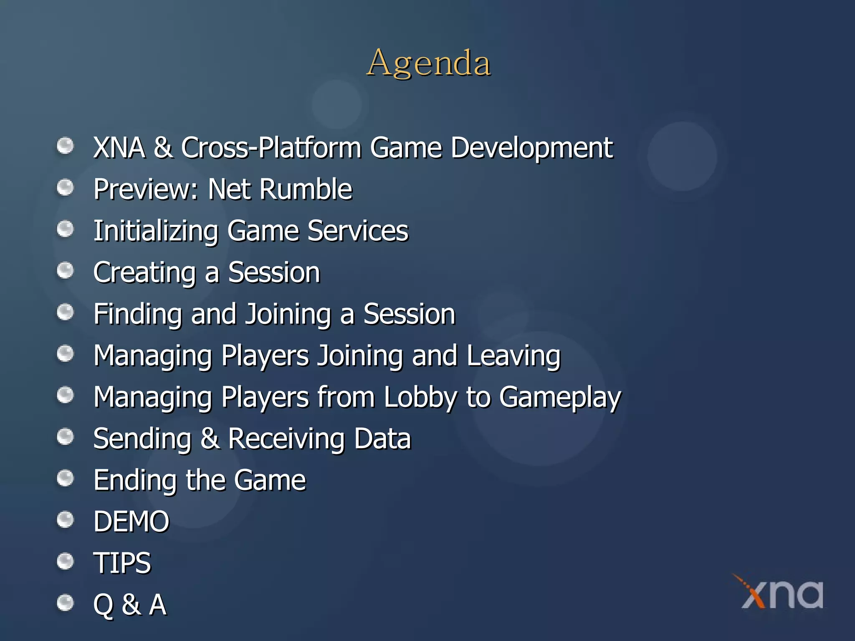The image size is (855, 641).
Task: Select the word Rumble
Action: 305,189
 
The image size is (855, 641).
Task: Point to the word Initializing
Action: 156,231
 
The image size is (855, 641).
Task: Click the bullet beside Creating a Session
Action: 65,270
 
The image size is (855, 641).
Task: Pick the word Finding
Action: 137,314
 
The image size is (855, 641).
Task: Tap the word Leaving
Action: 513,356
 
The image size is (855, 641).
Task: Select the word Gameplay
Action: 560,397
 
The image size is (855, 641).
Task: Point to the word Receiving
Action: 286,439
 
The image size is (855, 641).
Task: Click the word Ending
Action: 135,480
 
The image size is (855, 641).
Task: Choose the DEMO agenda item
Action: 131,521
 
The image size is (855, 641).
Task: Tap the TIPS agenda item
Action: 122,563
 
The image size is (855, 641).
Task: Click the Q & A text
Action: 130,604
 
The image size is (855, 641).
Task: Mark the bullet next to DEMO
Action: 65,520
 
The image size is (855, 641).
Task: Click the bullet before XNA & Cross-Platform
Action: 65,146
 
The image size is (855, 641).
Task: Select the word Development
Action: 531,148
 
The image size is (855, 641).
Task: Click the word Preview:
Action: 146,189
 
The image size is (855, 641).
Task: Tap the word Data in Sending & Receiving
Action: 382,439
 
